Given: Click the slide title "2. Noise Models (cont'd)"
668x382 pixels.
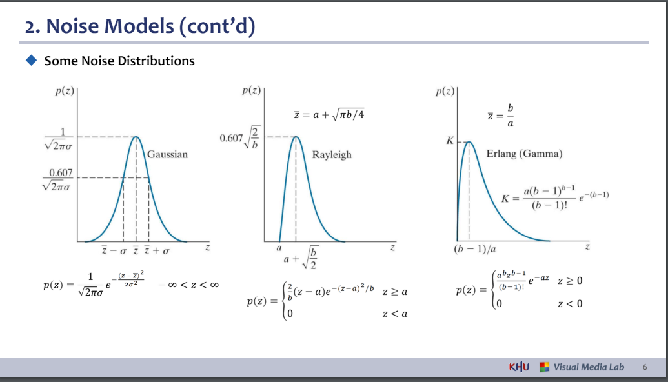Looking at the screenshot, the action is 140,26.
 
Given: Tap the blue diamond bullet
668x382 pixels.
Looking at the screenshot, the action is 32,60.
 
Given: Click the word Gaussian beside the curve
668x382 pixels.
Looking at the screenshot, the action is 167,154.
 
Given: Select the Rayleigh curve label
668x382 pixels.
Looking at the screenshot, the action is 332,155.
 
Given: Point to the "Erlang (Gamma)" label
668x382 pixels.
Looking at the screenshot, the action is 525,154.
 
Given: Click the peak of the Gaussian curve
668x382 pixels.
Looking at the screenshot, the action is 136,137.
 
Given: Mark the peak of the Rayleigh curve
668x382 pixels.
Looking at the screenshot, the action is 296,137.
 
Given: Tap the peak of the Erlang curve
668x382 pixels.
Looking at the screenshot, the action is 469,142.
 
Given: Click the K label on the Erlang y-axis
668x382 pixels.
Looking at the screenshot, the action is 450,141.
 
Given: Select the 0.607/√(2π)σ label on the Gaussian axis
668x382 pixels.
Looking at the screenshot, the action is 57,179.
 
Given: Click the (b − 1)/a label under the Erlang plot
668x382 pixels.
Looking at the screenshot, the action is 475,248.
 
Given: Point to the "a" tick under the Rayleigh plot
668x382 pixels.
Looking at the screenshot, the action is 279,248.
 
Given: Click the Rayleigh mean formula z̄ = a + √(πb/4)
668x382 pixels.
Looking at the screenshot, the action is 329,114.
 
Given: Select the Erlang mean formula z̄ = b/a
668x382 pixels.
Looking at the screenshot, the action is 501,116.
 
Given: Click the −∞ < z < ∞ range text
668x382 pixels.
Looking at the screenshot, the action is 188,285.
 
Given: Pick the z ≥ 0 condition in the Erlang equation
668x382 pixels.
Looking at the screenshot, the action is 570,281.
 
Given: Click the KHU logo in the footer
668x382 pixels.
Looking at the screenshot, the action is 519,367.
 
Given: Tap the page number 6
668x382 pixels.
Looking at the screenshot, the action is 645,367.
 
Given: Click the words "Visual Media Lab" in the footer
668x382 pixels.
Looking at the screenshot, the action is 589,367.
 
